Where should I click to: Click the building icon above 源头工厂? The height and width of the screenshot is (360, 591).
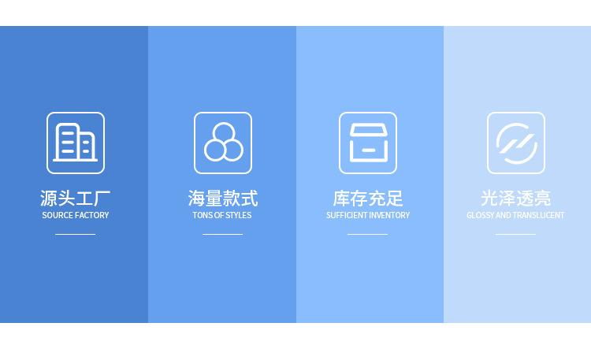[76, 143]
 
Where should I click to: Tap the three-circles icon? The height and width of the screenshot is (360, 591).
[223, 143]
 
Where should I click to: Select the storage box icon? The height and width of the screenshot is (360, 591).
[368, 143]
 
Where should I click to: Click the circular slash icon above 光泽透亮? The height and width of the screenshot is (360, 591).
[515, 143]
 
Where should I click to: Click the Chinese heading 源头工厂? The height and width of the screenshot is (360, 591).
[76, 199]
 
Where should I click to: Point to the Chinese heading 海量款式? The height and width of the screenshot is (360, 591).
[223, 199]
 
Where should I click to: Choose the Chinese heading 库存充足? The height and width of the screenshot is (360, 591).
[368, 199]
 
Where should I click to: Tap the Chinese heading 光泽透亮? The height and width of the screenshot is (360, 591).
[515, 199]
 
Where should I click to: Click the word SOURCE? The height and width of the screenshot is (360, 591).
[58, 215]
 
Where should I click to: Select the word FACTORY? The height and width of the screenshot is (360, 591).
[92, 215]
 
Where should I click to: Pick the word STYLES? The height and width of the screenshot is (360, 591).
[239, 215]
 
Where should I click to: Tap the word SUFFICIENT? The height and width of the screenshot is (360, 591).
[346, 215]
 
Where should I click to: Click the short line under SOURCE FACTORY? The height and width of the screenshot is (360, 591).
[76, 235]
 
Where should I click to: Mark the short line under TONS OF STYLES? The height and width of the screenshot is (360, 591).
[223, 235]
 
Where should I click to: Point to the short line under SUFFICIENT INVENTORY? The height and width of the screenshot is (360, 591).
[368, 235]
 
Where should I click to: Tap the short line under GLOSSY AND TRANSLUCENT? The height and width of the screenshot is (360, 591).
[515, 235]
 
